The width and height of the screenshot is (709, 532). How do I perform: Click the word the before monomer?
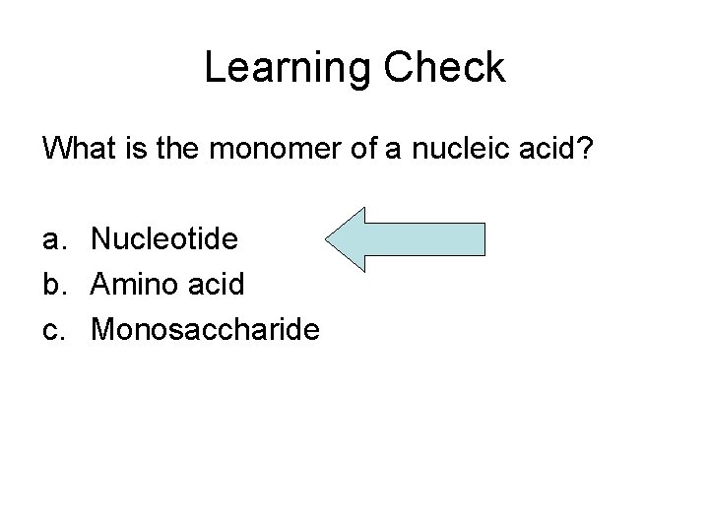click(x=179, y=150)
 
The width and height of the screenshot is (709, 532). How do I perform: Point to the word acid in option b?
click(x=212, y=285)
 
